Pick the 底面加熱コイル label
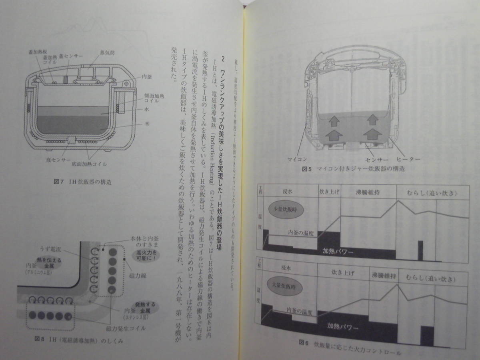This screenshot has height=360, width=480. click(x=93, y=164)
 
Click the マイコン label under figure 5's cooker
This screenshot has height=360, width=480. click(x=298, y=159)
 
